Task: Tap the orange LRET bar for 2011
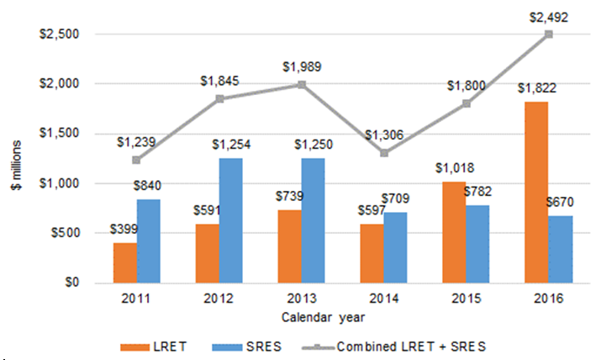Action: [124, 262]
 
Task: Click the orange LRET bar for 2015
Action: [453, 232]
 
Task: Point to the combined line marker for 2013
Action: [301, 85]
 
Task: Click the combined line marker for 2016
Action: [548, 34]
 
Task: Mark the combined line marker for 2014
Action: [383, 153]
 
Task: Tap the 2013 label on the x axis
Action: [301, 299]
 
